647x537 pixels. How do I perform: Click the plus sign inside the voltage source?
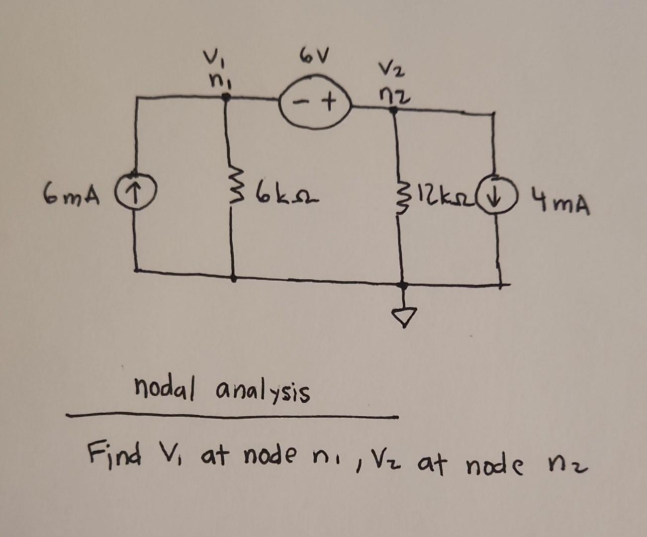point(328,104)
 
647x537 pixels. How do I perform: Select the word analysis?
point(261,391)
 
